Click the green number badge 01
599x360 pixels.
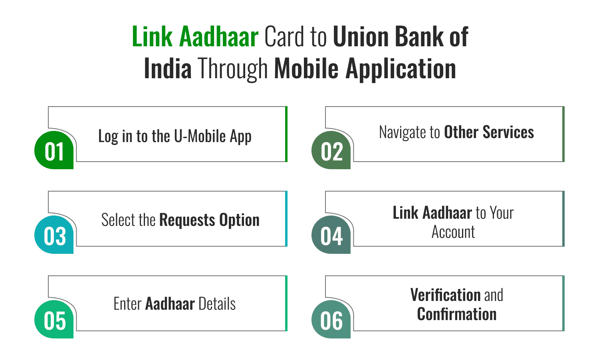(x=54, y=151)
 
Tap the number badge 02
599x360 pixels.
(x=331, y=151)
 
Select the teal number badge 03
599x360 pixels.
(x=54, y=235)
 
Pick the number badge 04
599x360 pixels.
(x=331, y=235)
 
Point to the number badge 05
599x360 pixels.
(x=54, y=320)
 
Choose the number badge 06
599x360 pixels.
(x=331, y=320)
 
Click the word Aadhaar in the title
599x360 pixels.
(x=219, y=37)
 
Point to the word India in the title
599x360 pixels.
(x=168, y=69)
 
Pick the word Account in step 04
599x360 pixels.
(x=453, y=232)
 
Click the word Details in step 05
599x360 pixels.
(x=217, y=304)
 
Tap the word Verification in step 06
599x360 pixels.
(x=445, y=295)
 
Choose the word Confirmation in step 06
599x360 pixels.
(x=457, y=314)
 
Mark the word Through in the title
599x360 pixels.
(x=233, y=69)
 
